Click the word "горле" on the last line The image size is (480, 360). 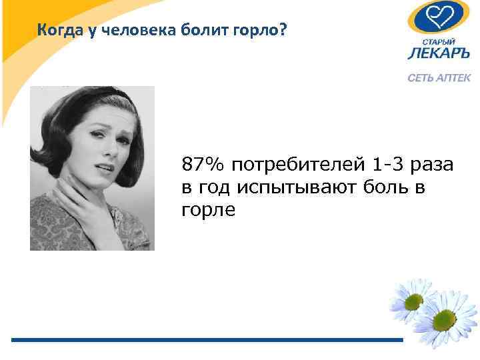[208, 211]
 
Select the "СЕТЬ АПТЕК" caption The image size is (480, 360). [439, 77]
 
